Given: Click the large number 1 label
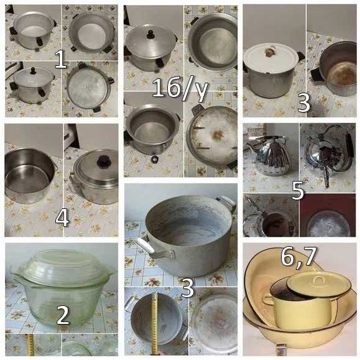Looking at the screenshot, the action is [x=60, y=60].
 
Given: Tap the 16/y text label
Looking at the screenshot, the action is [x=180, y=88].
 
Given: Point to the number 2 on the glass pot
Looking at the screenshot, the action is [x=63, y=315].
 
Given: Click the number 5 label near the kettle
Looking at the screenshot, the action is [x=298, y=190].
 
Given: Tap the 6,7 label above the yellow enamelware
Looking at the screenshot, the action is [x=298, y=257].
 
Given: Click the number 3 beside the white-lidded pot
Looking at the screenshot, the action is [x=303, y=103].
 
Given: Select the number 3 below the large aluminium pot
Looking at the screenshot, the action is [x=188, y=288].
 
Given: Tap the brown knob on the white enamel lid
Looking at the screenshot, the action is [x=270, y=52].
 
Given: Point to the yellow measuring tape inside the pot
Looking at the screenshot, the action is [x=154, y=324].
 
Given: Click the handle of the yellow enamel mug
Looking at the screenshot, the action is [x=267, y=302].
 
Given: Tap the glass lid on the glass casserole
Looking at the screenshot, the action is [x=62, y=265].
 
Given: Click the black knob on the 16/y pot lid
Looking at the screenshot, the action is [x=151, y=34].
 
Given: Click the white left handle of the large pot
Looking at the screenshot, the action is [x=144, y=245].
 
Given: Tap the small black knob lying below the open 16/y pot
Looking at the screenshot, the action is [x=155, y=159].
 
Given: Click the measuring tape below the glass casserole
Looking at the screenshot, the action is [x=30, y=345].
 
